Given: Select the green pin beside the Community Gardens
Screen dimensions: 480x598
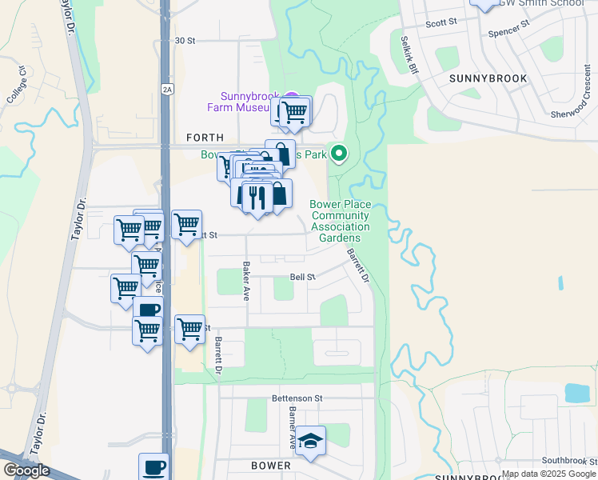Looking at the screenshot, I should [x=340, y=152].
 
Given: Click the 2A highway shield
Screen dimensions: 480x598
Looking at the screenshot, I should [x=166, y=89].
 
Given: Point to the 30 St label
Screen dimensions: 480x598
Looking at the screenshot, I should [x=185, y=40].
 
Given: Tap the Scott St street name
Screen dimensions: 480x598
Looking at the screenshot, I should [x=441, y=24].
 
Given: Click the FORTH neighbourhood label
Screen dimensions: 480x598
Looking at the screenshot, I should [x=205, y=138].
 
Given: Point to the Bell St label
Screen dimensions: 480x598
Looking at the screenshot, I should [x=303, y=277].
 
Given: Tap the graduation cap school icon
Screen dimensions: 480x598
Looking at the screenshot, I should [x=310, y=441].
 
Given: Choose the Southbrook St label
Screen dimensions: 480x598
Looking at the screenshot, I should [x=568, y=460].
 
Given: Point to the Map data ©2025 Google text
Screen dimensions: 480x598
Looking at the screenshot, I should [x=549, y=474].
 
